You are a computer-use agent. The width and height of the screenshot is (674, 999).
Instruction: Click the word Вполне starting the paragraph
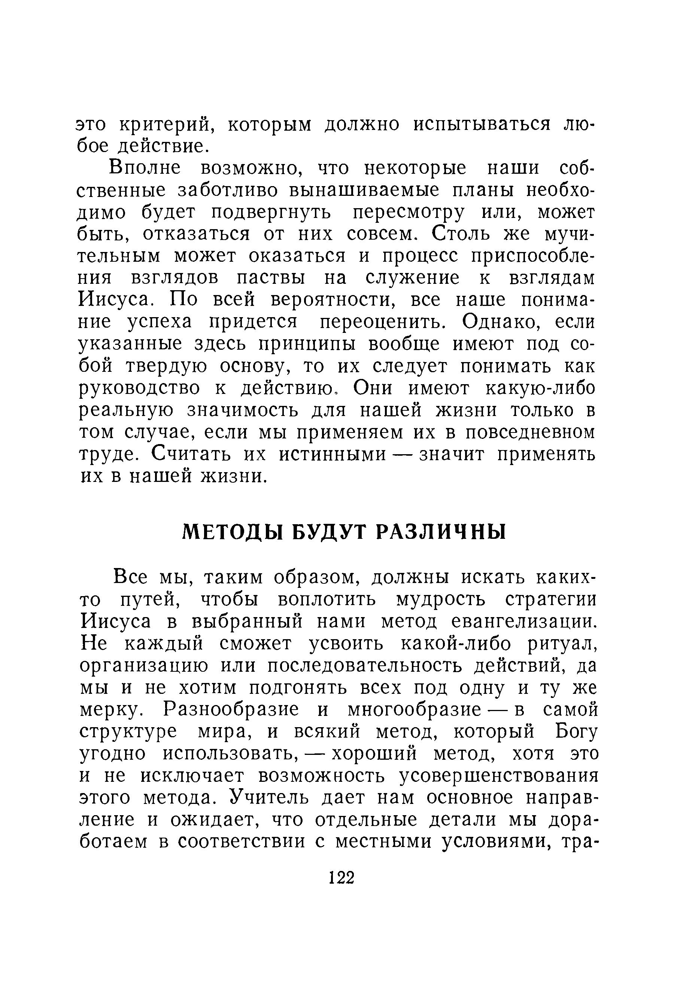tap(145, 168)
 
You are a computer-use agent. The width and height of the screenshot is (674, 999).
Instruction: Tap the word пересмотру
tap(409, 213)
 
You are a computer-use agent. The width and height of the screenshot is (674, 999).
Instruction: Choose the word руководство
tap(140, 389)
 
